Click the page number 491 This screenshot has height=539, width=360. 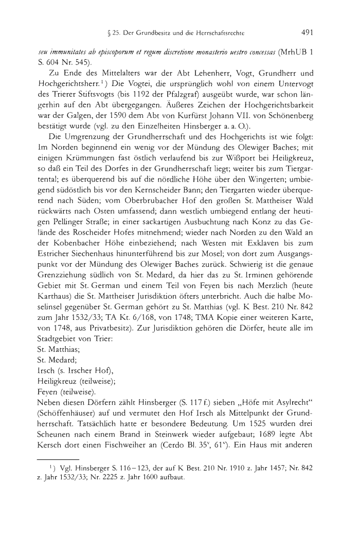[308, 32]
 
